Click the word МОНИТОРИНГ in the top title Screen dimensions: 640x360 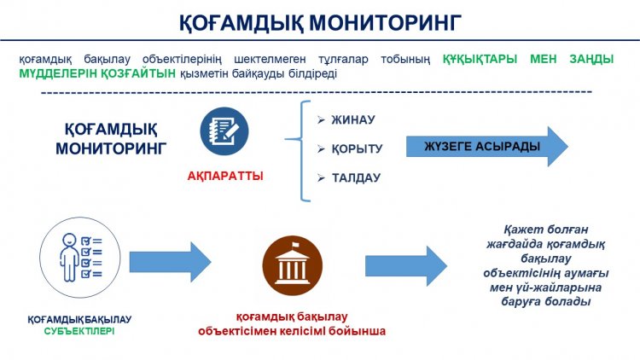click(385, 22)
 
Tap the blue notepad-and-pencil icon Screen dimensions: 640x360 click(224, 131)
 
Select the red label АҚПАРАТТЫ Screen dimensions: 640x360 click(225, 177)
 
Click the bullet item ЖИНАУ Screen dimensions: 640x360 click(353, 119)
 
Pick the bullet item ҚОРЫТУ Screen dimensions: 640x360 click(358, 148)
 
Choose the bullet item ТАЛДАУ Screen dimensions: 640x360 click(356, 178)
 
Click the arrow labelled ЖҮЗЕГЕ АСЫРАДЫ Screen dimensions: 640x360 click(487, 147)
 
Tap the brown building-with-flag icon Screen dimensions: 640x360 click(292, 265)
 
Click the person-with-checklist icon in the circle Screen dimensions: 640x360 click(80, 257)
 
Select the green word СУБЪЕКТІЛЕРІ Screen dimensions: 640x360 click(79, 331)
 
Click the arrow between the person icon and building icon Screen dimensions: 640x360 click(170, 262)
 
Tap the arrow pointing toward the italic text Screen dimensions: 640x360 click(406, 266)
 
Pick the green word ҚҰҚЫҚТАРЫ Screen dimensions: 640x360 click(480, 59)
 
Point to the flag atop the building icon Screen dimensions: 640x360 click(295, 245)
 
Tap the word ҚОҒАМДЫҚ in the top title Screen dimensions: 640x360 click(241, 23)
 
